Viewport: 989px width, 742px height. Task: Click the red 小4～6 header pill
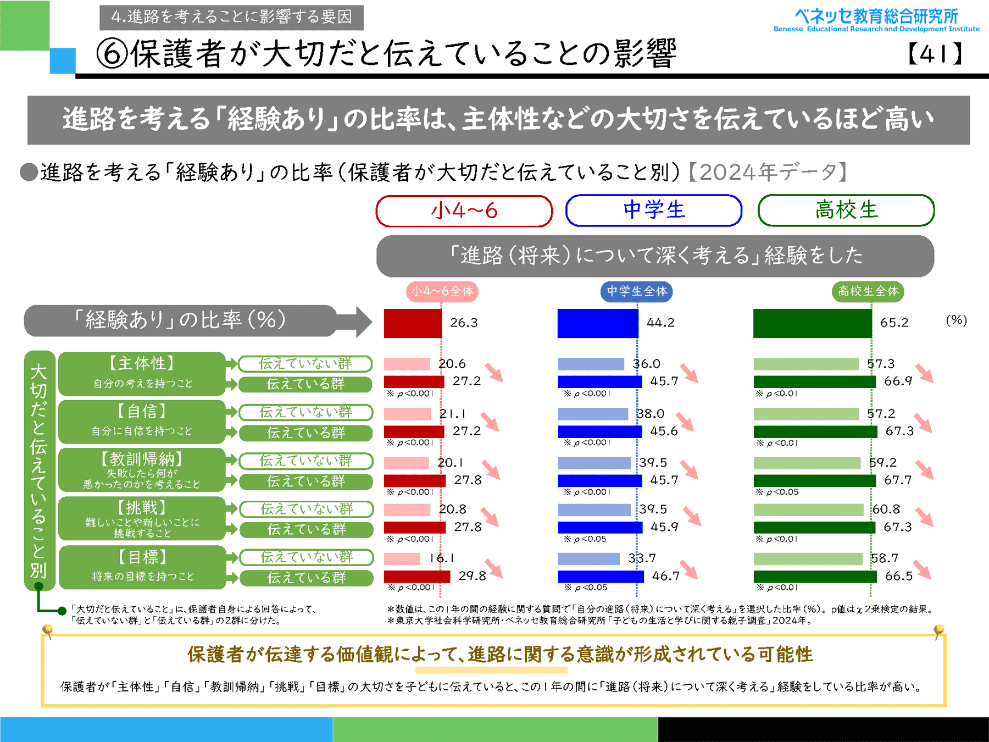tap(464, 211)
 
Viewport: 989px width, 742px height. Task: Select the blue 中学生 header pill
tap(654, 210)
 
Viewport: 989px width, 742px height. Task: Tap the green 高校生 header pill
tap(846, 210)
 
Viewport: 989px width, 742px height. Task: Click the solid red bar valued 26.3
tap(413, 323)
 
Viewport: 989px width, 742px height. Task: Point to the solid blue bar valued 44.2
tap(598, 323)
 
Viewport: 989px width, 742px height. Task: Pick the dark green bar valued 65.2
tap(812, 323)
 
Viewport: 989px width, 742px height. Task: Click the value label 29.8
tap(472, 575)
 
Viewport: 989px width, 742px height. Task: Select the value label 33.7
tap(642, 558)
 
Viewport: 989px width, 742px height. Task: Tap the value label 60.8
tap(886, 510)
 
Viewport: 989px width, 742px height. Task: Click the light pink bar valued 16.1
tap(402, 559)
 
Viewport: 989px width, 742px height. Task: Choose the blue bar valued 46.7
tap(601, 577)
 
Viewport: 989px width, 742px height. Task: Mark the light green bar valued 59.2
tap(807, 463)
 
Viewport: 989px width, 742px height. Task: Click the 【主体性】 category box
tap(142, 373)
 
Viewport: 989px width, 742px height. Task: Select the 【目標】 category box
tap(142, 567)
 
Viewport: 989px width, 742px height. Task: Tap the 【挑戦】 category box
tap(142, 518)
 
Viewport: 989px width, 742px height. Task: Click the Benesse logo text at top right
tap(876, 20)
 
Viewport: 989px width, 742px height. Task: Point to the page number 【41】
tap(935, 54)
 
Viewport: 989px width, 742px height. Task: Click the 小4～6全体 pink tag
tap(442, 291)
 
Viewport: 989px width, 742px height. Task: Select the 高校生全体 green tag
tap(868, 291)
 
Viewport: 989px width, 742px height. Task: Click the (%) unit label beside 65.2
tap(956, 320)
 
